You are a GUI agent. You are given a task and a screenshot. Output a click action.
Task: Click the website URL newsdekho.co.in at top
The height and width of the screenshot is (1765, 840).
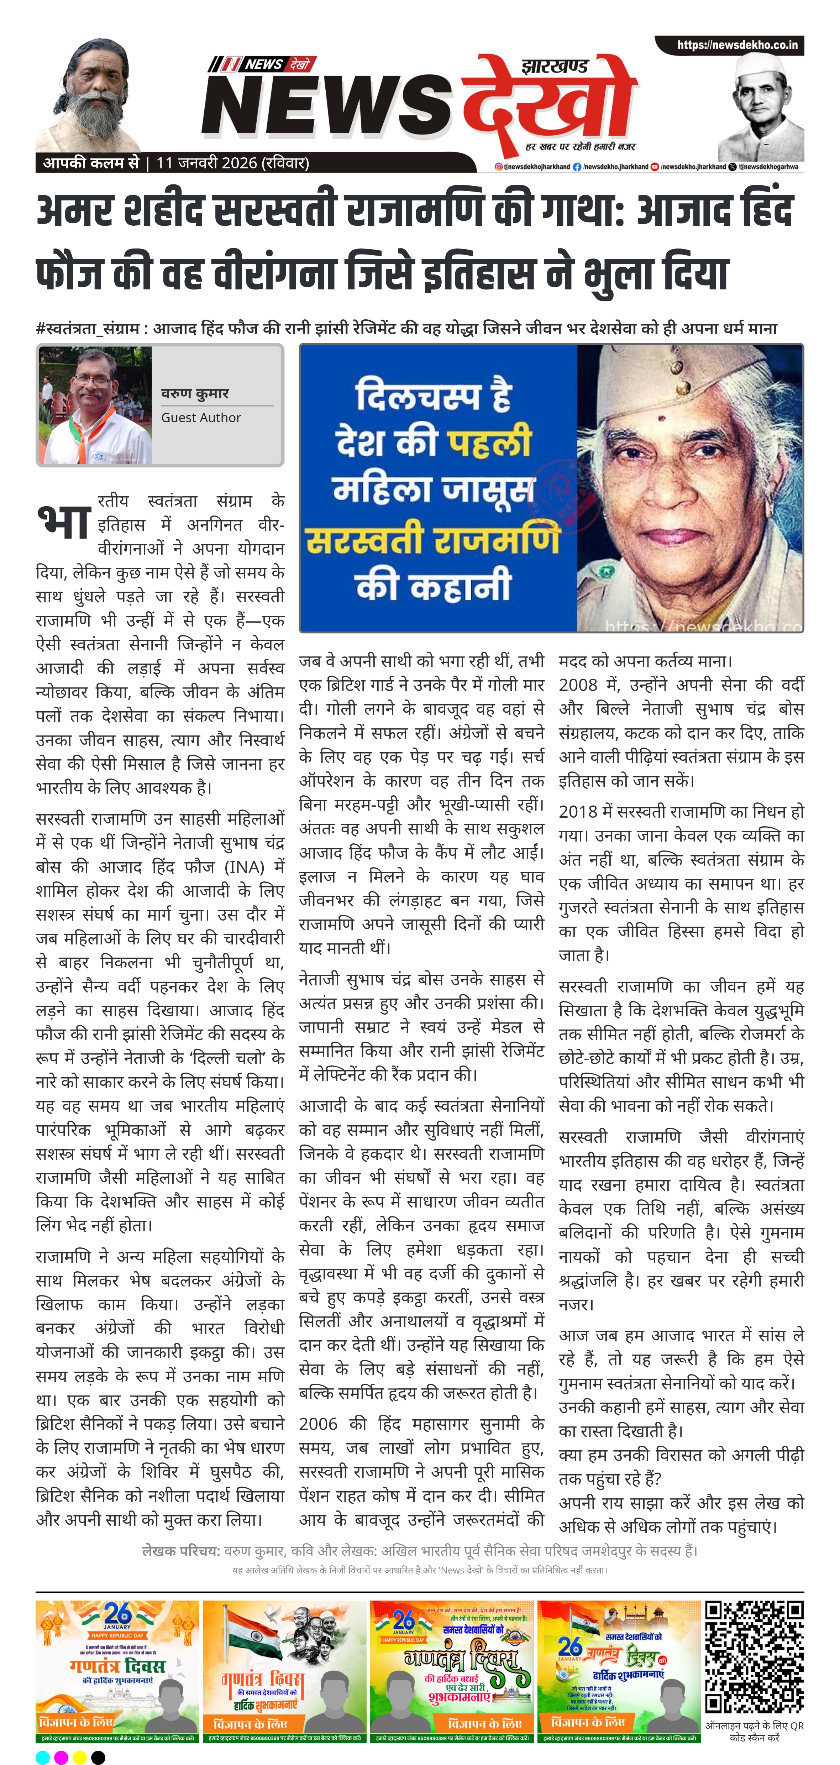(736, 45)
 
